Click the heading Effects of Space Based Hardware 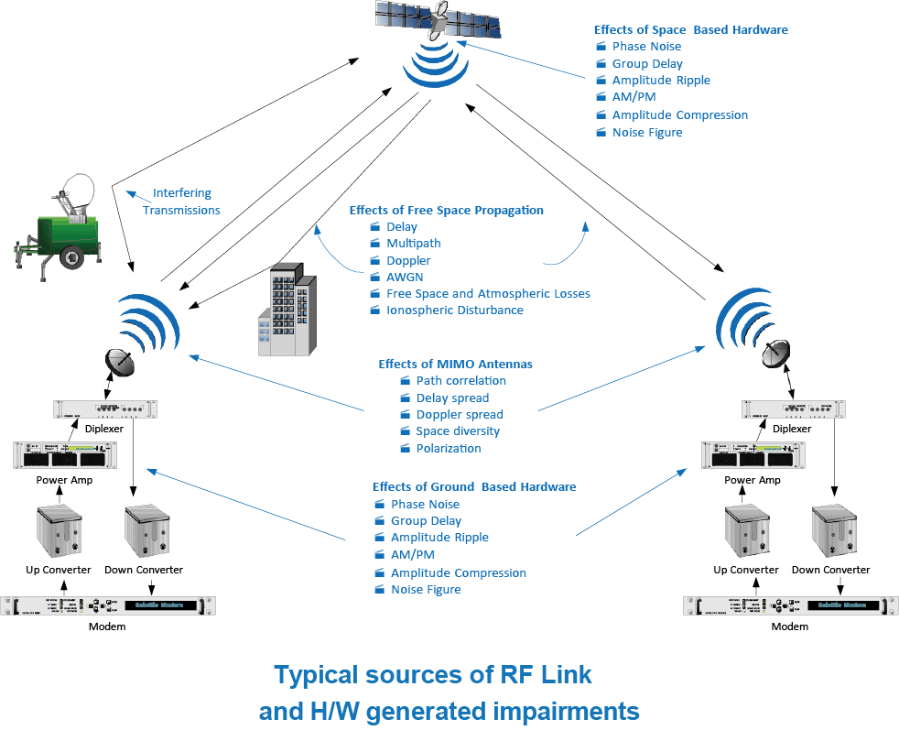[690, 29]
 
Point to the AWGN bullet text [405, 277]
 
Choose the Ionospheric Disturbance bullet [455, 311]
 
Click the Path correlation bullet [460, 381]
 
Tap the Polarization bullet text [449, 449]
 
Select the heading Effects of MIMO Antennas [455, 364]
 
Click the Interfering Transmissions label [181, 202]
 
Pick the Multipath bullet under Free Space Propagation [413, 244]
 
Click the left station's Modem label [106, 626]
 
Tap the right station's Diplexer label [792, 429]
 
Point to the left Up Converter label [59, 570]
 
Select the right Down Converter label [831, 570]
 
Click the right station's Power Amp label [753, 480]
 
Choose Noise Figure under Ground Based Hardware [426, 590]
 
